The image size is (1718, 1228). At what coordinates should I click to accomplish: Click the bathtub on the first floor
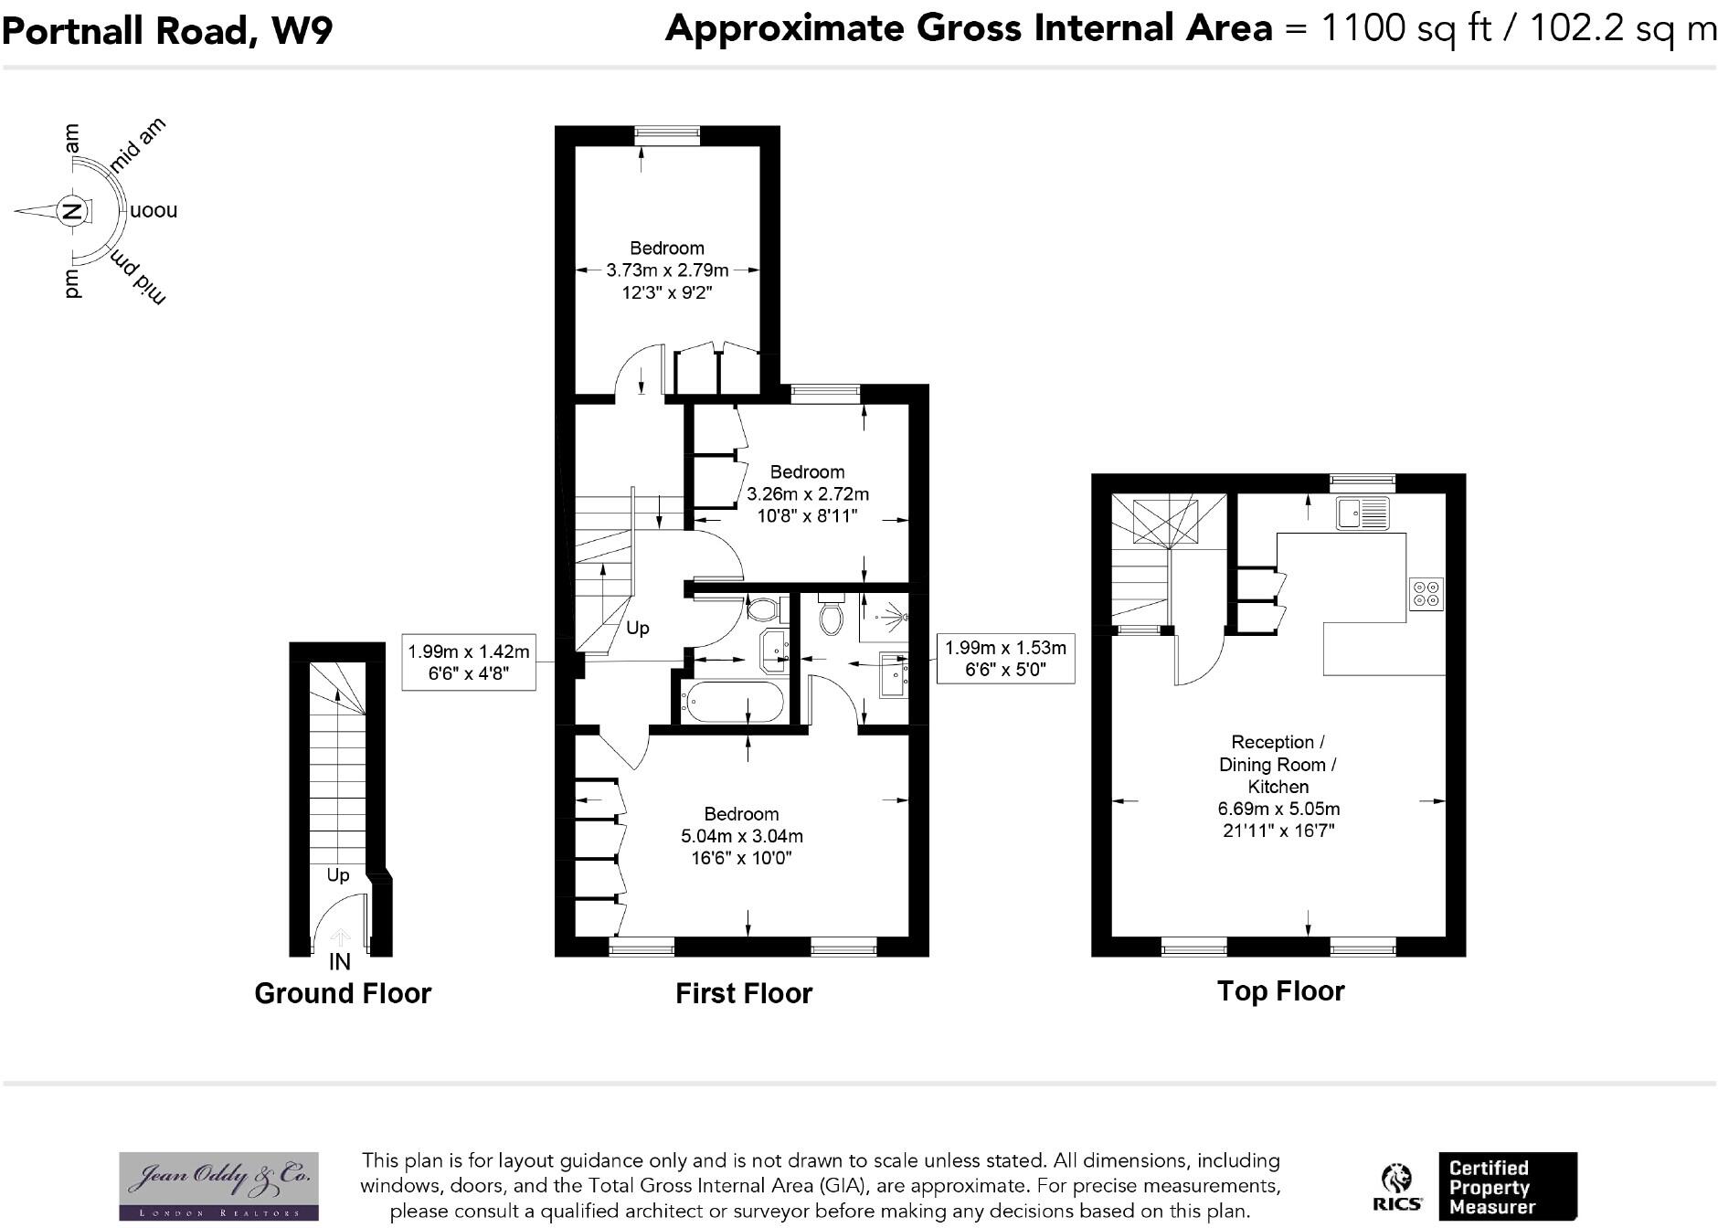point(732,703)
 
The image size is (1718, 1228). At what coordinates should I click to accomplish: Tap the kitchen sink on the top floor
point(1363,513)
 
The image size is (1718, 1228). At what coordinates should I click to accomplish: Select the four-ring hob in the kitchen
point(1426,594)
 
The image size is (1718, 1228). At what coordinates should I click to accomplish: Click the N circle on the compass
point(71,211)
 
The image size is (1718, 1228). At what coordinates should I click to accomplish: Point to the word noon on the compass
point(154,211)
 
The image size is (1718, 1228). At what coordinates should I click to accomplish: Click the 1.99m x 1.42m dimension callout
point(468,662)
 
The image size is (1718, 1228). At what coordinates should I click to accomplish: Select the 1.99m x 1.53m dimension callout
point(1005,658)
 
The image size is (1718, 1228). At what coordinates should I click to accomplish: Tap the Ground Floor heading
point(343,993)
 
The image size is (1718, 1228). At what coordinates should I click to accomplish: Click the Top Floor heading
point(1280,991)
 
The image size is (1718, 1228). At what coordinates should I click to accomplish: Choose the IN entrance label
point(339,961)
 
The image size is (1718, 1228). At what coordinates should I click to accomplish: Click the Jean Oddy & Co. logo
point(219,1185)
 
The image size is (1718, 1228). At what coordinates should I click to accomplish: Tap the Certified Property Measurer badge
point(1507,1186)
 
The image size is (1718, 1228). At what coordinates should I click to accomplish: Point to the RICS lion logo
point(1396,1186)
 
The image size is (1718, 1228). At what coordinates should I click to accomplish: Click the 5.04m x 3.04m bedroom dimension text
point(741,836)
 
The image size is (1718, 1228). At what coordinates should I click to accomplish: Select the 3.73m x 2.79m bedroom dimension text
point(667,270)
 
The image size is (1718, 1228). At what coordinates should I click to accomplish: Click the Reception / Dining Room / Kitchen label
point(1278,764)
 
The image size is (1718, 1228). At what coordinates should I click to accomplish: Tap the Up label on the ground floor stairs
point(338,875)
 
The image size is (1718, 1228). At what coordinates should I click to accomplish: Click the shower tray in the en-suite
point(883,619)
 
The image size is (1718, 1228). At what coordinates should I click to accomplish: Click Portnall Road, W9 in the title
point(167,31)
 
